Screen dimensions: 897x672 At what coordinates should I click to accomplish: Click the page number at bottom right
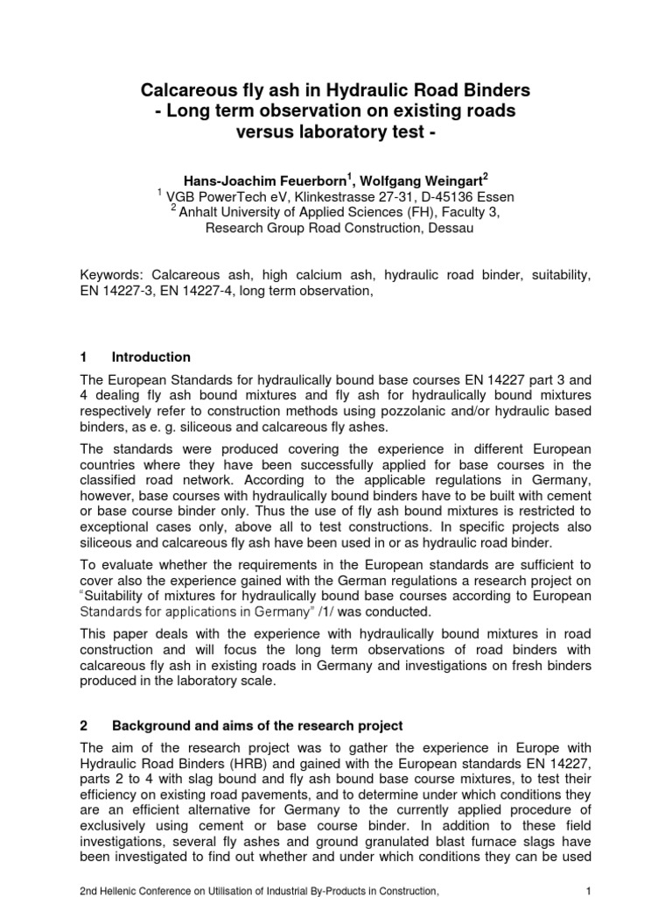coord(589,890)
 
